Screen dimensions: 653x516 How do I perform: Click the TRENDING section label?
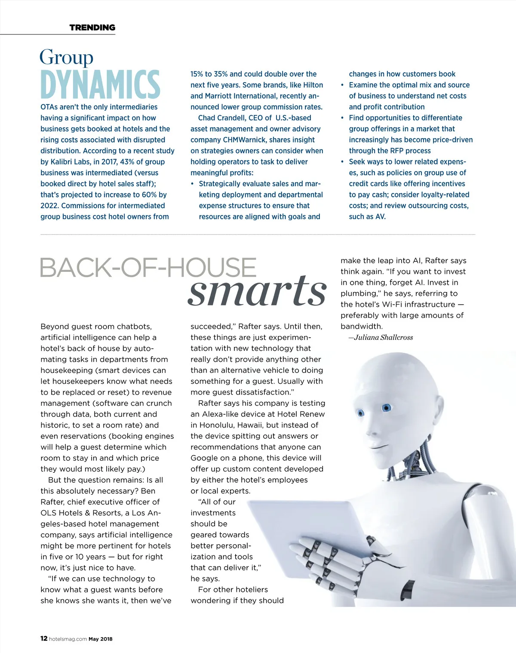pyautogui.click(x=92, y=28)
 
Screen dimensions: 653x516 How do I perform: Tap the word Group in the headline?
pyautogui.click(x=66, y=57)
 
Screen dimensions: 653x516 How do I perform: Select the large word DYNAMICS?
pyautogui.click(x=100, y=84)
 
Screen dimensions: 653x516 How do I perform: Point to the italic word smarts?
pyautogui.click(x=257, y=290)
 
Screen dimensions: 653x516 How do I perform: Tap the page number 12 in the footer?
pyautogui.click(x=44, y=638)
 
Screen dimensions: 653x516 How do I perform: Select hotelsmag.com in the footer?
pyautogui.click(x=68, y=639)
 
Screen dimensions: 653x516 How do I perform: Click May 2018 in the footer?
pyautogui.click(x=101, y=639)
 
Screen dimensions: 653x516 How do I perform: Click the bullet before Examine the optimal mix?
pyautogui.click(x=342, y=85)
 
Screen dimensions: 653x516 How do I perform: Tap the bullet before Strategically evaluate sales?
pyautogui.click(x=192, y=184)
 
